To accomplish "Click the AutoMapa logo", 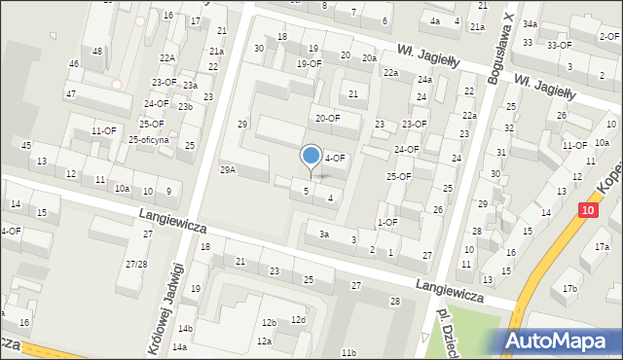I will (x=560, y=341).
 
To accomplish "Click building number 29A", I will (x=228, y=169).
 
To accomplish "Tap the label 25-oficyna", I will (x=149, y=139).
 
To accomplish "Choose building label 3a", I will (x=324, y=234).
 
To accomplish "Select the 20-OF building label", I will (x=327, y=118).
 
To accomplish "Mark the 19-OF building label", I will (x=309, y=63).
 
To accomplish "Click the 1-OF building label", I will (x=387, y=222).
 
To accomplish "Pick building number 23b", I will (x=185, y=106).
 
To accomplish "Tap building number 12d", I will (x=298, y=320).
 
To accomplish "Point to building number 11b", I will (x=348, y=350).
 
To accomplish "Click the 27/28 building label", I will (x=136, y=265).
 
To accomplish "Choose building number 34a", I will (x=530, y=23).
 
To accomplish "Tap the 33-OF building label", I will (x=560, y=45).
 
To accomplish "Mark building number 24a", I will (x=424, y=79).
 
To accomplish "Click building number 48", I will (x=96, y=51).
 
